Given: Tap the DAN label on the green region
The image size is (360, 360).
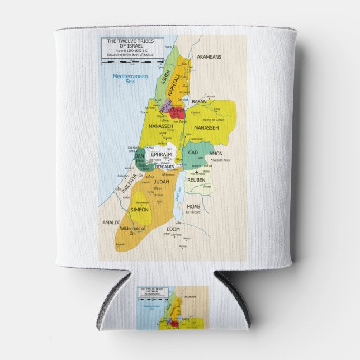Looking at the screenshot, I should [139, 156].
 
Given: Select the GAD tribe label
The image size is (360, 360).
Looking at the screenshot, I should [193, 152].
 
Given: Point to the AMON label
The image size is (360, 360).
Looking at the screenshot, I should [216, 153].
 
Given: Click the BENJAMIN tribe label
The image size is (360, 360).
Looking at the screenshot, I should [165, 167].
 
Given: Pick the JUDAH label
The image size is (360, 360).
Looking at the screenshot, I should [162, 181].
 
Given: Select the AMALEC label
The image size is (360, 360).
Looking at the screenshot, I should [112, 222].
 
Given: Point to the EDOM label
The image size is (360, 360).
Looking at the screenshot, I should [174, 228].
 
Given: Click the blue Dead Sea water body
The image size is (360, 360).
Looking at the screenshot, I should [180, 193].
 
